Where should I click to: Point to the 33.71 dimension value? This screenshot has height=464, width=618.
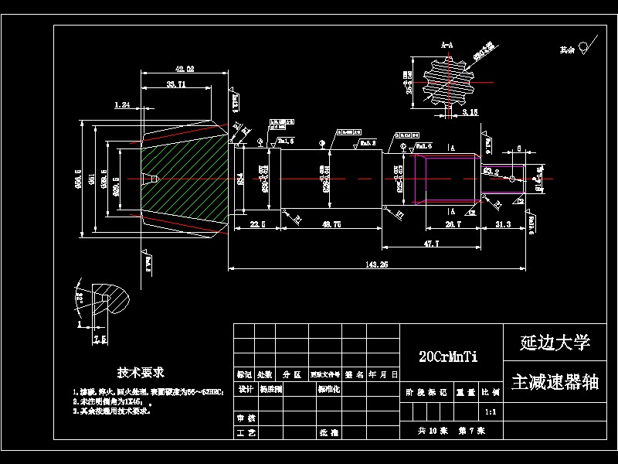click(175, 84)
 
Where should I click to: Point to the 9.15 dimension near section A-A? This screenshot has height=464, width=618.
click(470, 112)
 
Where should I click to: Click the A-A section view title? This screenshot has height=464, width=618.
click(447, 47)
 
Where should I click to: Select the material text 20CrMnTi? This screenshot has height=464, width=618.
click(448, 357)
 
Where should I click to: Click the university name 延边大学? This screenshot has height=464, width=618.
click(555, 342)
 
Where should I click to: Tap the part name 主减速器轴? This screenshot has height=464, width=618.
click(555, 383)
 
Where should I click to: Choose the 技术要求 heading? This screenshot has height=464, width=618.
click(141, 373)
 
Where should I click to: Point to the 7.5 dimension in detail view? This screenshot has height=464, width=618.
click(100, 339)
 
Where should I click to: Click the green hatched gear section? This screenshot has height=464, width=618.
click(185, 178)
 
